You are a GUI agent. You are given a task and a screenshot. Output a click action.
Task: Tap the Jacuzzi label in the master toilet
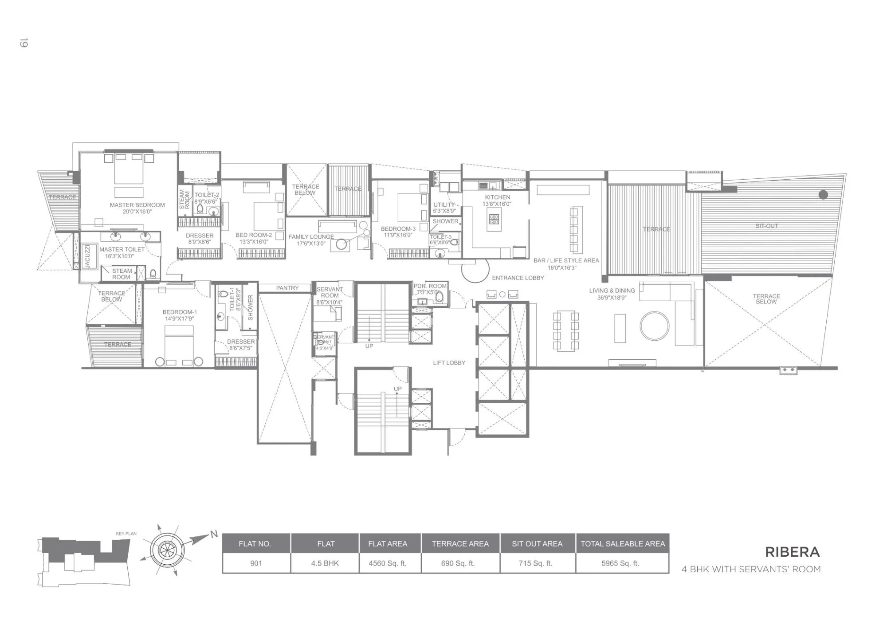pos(87,256)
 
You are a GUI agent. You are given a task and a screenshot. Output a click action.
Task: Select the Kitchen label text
pos(497,197)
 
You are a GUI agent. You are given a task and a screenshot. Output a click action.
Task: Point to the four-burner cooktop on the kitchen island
pos(494,219)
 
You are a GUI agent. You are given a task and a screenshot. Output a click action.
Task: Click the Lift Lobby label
pos(449,363)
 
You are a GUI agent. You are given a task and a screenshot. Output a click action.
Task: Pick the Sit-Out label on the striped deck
pos(766,226)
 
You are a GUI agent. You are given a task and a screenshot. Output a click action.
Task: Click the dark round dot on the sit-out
pos(823,194)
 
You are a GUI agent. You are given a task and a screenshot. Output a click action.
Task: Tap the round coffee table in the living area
pos(654,326)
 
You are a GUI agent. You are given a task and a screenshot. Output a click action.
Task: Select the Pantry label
pos(287,288)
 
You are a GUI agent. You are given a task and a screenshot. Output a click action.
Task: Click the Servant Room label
pos(330,292)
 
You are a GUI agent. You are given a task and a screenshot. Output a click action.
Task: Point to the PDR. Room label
pos(430,286)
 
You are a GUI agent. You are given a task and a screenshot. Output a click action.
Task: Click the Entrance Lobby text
pos(518,278)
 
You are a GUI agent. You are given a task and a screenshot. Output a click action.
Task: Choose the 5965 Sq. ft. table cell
pos(620,563)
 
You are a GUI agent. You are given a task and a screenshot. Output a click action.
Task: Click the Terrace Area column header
pos(460,544)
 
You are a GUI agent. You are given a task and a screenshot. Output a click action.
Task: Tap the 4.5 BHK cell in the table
pos(325,563)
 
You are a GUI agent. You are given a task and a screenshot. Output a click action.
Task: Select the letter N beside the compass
pos(214,535)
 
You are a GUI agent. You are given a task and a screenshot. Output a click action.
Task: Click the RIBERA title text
pos(792,552)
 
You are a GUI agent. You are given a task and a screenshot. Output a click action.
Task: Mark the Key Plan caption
pos(126,534)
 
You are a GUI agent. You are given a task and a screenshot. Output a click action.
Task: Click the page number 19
pos(24,43)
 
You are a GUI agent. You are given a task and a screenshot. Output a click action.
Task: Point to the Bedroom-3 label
pos(398,229)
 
